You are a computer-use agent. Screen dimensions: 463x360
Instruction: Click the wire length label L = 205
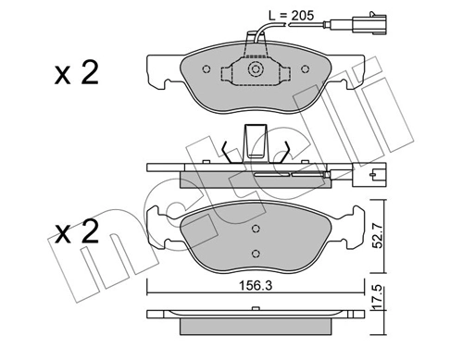point(291,15)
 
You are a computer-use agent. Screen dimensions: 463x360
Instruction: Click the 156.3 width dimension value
point(256,286)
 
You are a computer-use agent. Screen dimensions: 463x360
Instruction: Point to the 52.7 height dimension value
point(378,236)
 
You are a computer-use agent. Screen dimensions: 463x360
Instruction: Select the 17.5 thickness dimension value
point(378,299)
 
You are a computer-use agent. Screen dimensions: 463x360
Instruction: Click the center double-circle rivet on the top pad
point(255,69)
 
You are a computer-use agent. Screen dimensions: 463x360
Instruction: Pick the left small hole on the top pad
point(206,69)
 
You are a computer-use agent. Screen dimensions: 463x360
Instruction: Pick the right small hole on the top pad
point(305,69)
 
